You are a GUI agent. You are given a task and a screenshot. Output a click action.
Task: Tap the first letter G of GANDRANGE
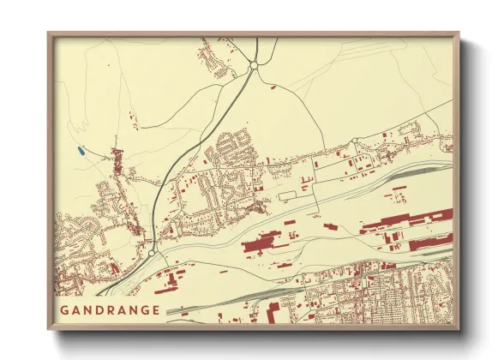65,309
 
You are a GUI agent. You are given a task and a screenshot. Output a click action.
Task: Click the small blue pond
80,152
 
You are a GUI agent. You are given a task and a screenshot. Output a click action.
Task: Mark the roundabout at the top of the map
254,64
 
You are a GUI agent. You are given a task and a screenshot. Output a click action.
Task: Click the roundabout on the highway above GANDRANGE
152,253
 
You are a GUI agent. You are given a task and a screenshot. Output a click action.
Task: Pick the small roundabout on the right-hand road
354,141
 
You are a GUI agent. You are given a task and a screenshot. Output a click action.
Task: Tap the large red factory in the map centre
263,245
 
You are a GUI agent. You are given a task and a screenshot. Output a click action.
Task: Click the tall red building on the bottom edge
273,312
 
